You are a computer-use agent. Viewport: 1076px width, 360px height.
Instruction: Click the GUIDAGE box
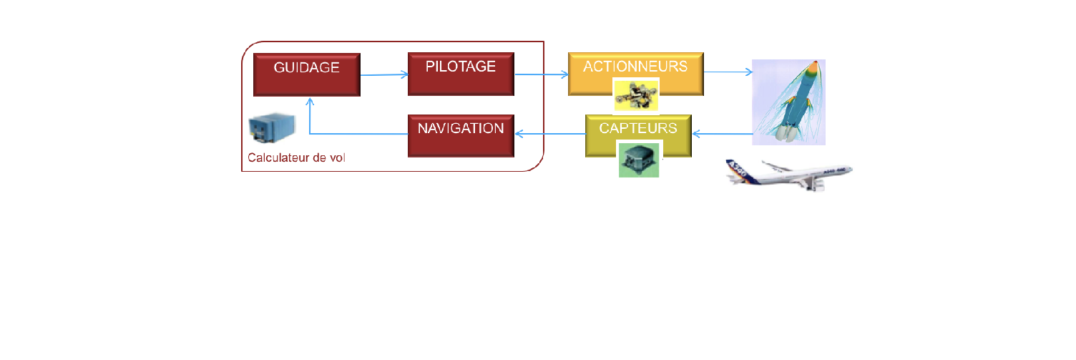click(307, 74)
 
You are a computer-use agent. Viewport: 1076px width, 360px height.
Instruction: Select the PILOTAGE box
click(461, 74)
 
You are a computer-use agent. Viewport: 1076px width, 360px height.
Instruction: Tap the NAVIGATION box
click(461, 136)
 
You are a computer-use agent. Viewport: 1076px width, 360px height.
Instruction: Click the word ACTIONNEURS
click(635, 67)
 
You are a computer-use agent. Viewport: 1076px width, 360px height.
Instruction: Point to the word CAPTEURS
click(638, 128)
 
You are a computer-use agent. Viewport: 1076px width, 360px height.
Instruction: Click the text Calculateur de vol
click(296, 157)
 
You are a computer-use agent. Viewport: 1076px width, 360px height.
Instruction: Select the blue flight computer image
click(272, 128)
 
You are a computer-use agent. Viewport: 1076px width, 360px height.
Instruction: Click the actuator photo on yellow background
click(637, 96)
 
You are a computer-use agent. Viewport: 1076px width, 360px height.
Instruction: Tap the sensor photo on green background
click(639, 160)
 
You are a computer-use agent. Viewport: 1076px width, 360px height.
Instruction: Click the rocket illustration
click(788, 102)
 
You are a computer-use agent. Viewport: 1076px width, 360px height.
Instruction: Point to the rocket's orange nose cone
click(813, 69)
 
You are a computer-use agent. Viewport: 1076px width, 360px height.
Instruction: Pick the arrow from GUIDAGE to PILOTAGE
click(384, 74)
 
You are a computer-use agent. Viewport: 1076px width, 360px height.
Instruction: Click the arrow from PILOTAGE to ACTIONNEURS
click(542, 74)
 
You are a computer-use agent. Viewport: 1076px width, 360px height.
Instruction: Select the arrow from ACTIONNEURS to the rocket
click(728, 72)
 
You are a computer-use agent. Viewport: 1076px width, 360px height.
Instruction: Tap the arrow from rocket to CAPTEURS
click(723, 134)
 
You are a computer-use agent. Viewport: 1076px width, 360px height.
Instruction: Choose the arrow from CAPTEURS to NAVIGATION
click(550, 134)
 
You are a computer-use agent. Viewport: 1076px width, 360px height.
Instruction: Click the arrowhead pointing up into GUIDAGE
click(310, 102)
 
